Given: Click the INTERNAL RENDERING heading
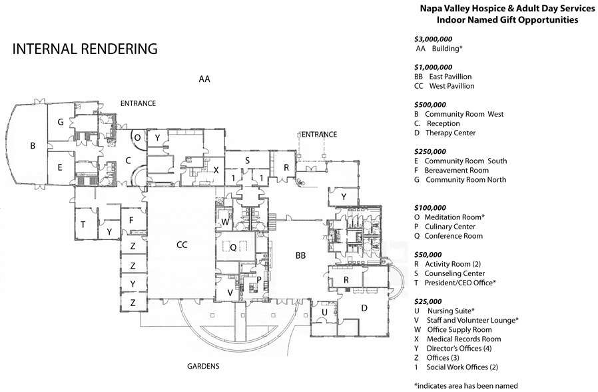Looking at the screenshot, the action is click(85, 49).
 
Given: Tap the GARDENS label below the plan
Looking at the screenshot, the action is click(203, 367).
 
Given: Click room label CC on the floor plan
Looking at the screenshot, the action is click(182, 245).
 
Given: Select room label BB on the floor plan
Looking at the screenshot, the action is click(300, 255).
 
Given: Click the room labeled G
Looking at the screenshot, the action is click(60, 122).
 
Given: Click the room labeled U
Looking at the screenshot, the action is click(324, 312).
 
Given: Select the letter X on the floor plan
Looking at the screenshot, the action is click(216, 170).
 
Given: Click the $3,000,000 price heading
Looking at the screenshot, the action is click(434, 39).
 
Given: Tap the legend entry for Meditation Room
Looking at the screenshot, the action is click(449, 217).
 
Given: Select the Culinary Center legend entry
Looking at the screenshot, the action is click(445, 227).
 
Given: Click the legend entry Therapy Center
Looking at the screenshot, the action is click(445, 133).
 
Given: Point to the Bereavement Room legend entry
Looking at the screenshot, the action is click(451, 170).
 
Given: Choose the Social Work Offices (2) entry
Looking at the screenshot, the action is click(457, 367).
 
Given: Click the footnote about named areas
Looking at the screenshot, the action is click(466, 386).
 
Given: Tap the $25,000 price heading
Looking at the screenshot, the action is click(428, 301).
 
